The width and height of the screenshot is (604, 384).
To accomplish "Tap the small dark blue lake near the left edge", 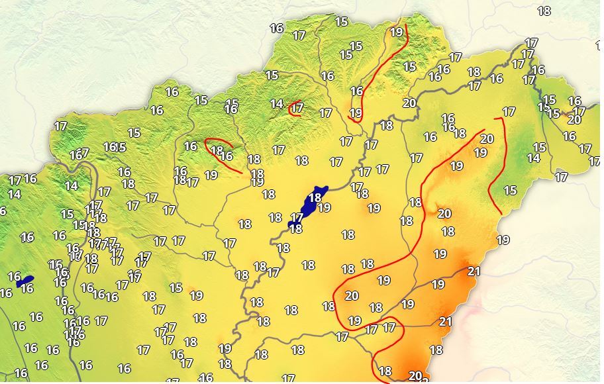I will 25,281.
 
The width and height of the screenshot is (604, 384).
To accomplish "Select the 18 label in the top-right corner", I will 544,11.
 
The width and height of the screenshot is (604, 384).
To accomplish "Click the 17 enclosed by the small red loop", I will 297,107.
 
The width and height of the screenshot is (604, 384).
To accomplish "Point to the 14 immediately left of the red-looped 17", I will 277,104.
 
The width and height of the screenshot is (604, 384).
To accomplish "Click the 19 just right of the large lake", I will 324,207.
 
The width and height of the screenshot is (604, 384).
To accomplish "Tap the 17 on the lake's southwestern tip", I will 297,217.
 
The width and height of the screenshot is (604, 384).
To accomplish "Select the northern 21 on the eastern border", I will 474,271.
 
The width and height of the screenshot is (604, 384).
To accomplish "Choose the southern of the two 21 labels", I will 446,322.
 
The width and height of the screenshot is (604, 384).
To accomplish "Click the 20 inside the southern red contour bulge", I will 352,296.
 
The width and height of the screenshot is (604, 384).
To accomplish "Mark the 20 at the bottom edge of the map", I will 415,376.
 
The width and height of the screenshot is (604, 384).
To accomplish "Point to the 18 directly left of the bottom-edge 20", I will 385,371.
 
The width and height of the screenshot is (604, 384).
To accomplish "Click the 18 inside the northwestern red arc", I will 216,150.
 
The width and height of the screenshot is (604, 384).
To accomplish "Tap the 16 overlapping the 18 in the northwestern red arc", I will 226,156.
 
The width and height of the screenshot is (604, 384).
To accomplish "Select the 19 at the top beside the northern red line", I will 396,32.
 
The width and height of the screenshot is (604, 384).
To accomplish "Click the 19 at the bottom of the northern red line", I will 356,113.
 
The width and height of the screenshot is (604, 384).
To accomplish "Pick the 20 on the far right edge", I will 574,120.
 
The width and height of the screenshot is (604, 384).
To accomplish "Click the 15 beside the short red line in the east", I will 510,191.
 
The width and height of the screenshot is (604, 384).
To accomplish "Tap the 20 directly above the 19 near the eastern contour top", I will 487,139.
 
